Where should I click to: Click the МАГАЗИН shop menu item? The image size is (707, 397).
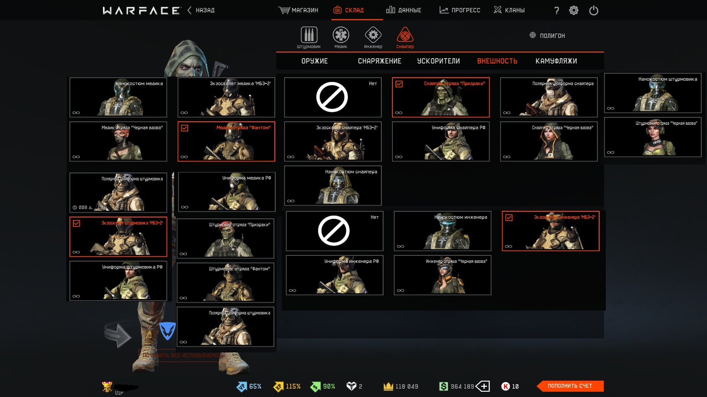299,10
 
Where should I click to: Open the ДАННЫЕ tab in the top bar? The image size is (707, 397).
403,10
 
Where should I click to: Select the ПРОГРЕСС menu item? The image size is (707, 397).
460,10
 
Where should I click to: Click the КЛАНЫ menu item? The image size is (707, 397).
509,10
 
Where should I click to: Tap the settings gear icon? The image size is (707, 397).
574,11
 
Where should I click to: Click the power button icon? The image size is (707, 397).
593,11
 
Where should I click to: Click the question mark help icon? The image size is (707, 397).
556,11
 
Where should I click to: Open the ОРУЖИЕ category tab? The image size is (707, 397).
315,61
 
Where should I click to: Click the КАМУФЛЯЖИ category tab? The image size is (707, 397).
556,61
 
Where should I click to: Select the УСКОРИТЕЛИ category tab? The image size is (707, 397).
438,61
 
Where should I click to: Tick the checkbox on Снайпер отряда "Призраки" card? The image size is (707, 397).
399,84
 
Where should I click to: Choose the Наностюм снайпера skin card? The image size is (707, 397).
333,185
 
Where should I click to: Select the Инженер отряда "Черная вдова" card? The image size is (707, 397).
442,275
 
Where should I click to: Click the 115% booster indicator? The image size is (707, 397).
287,386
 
